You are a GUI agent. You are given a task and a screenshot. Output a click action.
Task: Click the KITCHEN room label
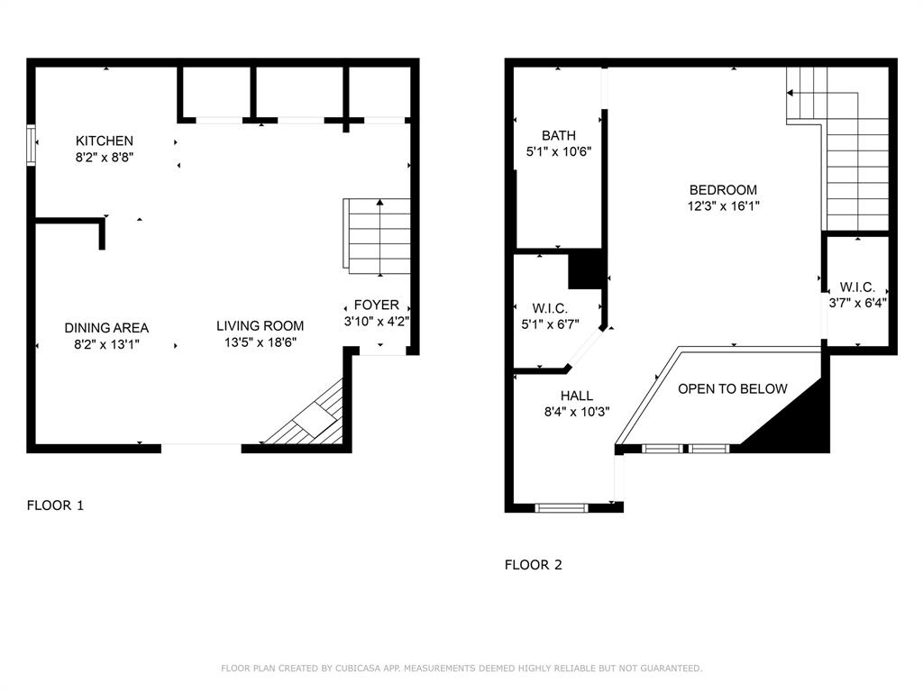tap(105, 141)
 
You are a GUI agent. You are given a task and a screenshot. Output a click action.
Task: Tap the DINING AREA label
tap(106, 328)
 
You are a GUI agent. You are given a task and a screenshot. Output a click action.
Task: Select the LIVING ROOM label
tap(260, 325)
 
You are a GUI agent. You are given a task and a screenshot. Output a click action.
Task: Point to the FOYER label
tap(376, 305)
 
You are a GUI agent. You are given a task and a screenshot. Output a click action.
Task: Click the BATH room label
tap(559, 135)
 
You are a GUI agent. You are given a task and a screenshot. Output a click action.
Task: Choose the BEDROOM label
tap(723, 189)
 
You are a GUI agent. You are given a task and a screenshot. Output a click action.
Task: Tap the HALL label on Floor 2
tap(576, 396)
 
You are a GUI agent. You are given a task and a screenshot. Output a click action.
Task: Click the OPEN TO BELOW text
tap(732, 388)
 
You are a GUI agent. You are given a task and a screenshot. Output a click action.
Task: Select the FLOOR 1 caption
tap(55, 505)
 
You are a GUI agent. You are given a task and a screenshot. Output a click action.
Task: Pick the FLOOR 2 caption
tap(534, 565)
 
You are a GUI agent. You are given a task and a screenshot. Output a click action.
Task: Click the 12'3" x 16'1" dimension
tap(723, 206)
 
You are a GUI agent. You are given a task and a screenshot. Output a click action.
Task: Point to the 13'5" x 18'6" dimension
tap(260, 341)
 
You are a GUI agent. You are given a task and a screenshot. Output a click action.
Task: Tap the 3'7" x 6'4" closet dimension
tap(858, 303)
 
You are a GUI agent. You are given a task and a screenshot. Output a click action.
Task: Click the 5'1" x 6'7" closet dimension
tap(551, 323)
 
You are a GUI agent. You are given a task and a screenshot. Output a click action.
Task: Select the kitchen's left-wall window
tap(32, 145)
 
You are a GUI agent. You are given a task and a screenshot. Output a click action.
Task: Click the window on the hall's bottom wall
tap(562, 508)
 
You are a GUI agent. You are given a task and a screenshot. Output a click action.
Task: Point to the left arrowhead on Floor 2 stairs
tap(790, 93)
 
